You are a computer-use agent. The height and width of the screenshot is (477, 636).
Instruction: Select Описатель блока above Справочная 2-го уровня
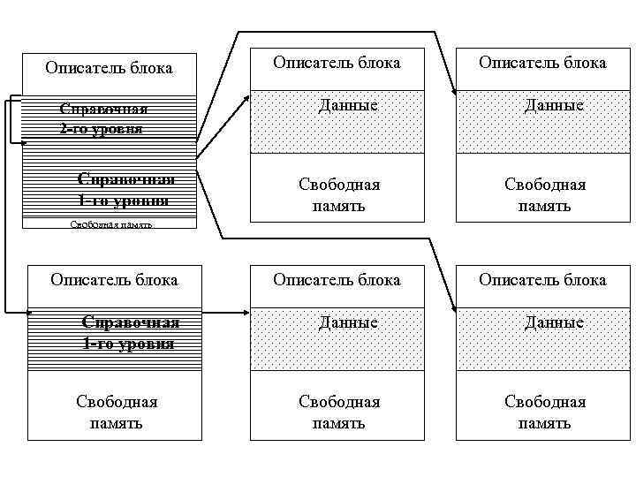click(109, 67)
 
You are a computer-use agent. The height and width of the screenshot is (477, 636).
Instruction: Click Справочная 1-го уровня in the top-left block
click(125, 189)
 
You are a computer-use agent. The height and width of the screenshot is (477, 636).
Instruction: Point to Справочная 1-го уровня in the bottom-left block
click(128, 332)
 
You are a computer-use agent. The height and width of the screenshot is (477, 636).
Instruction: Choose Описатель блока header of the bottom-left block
click(114, 280)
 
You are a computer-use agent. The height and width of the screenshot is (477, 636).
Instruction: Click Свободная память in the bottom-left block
click(117, 413)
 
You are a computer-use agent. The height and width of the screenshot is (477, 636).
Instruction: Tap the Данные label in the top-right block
click(554, 106)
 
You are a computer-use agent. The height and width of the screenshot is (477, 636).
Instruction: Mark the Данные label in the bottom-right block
click(554, 323)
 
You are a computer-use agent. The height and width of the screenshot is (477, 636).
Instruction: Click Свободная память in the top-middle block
click(339, 194)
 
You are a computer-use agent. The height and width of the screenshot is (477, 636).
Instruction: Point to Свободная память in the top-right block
click(545, 194)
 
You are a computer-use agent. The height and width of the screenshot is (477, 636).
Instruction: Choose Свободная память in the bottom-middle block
click(339, 413)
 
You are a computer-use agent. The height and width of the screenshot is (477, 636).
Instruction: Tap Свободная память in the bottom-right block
click(545, 413)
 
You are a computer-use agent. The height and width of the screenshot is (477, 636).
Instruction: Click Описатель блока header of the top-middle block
click(337, 63)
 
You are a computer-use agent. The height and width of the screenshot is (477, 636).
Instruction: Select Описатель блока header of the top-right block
click(542, 63)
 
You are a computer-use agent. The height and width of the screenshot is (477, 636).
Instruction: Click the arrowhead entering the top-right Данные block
click(452, 88)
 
